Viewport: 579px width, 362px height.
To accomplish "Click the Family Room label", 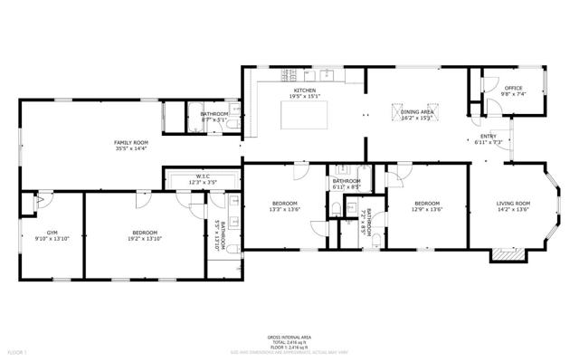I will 131,142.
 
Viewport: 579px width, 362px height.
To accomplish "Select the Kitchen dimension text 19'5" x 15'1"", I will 303,96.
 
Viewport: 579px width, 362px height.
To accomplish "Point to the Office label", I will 514,88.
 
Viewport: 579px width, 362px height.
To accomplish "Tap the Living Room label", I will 513,203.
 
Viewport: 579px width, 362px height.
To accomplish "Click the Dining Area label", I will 417,110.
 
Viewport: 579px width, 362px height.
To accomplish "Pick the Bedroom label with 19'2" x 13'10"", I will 145,233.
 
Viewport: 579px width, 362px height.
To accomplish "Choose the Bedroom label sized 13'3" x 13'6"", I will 285,203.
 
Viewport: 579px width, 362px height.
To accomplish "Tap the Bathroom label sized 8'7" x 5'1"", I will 214,113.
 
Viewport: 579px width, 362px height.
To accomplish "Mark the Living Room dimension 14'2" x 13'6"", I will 513,210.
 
